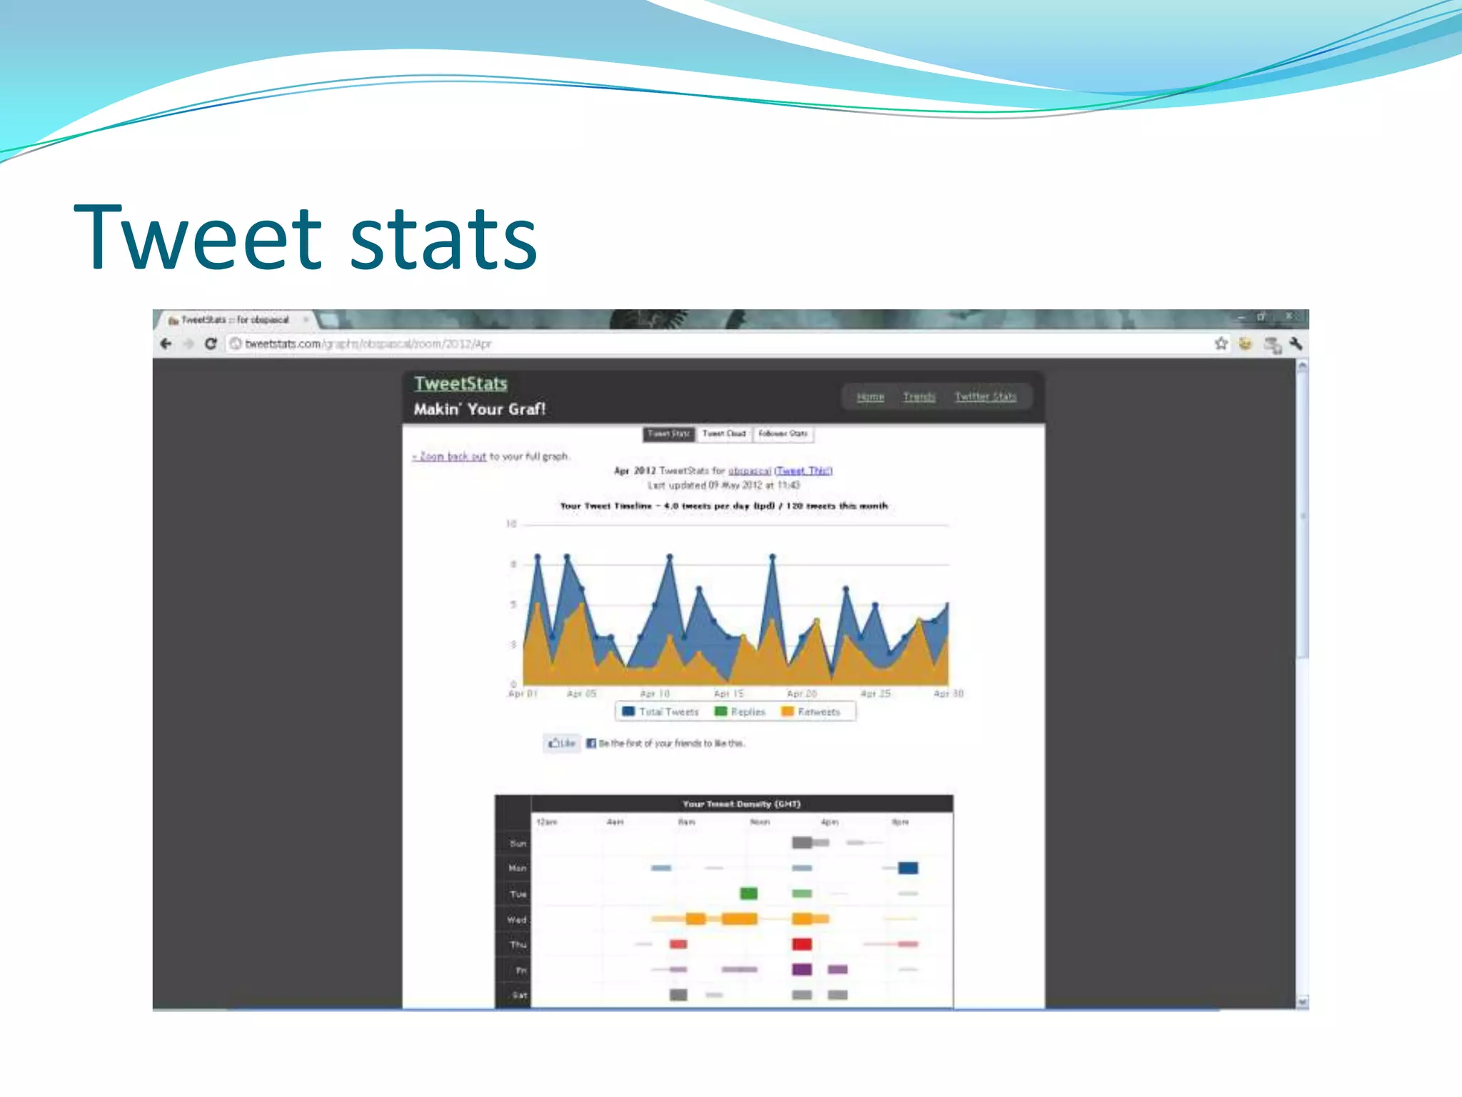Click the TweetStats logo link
[460, 384]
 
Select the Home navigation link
[870, 396]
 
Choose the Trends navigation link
[919, 396]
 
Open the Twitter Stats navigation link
[985, 396]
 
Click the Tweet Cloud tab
[724, 434]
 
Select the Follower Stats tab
[783, 434]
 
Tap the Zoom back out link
[450, 456]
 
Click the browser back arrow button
[166, 344]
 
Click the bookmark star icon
[1221, 344]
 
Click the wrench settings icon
[1296, 344]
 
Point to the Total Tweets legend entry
[660, 711]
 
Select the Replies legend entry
[740, 711]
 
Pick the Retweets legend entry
[811, 711]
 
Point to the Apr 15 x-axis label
[728, 693]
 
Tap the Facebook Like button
[562, 743]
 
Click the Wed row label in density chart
[517, 920]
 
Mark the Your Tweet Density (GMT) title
[742, 804]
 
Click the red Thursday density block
[802, 944]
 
